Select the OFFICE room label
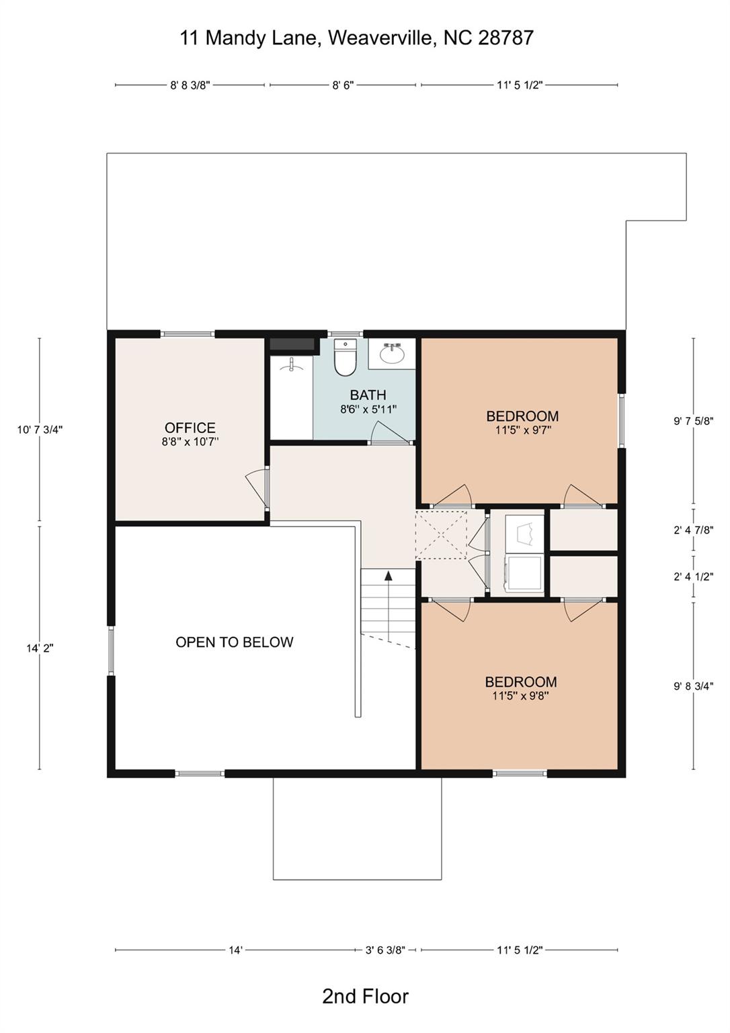tap(190, 428)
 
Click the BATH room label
tap(368, 395)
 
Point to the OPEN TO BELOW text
tap(235, 642)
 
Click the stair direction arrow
tap(388, 576)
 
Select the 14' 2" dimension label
tap(40, 648)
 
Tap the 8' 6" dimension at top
tap(343, 85)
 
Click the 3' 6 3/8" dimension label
tap(385, 950)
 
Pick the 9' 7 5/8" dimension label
tap(693, 421)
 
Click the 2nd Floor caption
tap(365, 996)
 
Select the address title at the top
tap(356, 38)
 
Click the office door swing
tap(257, 486)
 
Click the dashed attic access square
tap(440, 535)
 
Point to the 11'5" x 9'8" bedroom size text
tap(520, 696)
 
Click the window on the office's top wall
tap(188, 334)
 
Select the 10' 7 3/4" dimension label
tap(40, 430)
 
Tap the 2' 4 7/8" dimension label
tap(693, 530)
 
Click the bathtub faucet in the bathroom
tap(292, 365)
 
